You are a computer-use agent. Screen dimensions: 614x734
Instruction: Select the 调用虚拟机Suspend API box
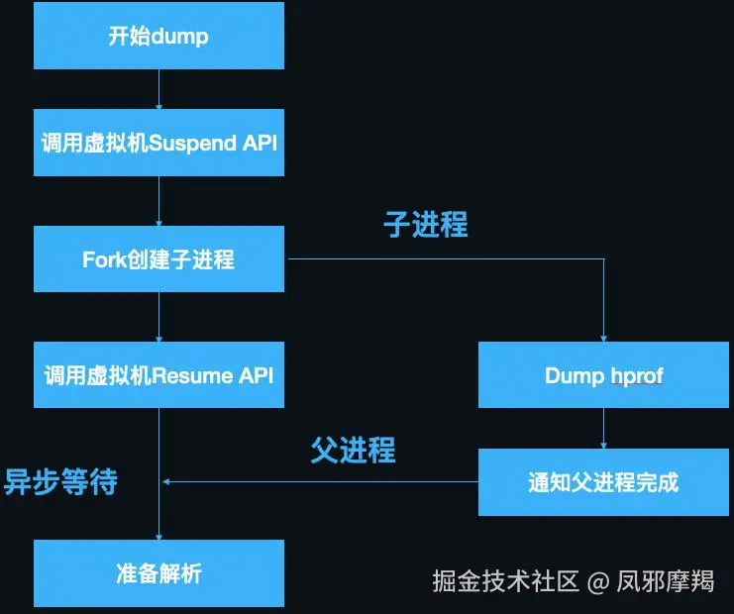[x=158, y=143]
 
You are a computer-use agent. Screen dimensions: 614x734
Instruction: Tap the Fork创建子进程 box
[x=158, y=259]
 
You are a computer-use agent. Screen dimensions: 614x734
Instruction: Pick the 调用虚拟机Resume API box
[x=158, y=375]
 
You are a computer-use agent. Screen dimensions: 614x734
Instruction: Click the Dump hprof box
[x=603, y=375]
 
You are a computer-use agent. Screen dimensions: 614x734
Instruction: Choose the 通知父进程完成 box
[x=603, y=482]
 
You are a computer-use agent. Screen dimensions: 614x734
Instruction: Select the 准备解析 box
[x=158, y=573]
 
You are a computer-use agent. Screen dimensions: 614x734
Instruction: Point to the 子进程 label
[x=425, y=225]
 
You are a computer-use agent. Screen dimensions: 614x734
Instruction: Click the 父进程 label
[x=353, y=451]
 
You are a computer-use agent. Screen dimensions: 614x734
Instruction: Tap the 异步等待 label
[x=61, y=481]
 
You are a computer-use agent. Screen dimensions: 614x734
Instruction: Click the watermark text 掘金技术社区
[x=505, y=580]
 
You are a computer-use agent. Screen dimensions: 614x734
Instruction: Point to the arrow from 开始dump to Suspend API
[x=158, y=89]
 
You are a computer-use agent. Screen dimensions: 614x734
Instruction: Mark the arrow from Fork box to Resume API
[x=158, y=317]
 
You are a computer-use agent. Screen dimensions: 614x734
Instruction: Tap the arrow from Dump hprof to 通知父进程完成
[x=603, y=428]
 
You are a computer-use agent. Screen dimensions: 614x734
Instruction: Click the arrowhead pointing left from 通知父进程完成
[x=167, y=482]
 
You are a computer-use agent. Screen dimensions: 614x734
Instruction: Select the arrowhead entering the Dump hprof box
[x=603, y=338]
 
